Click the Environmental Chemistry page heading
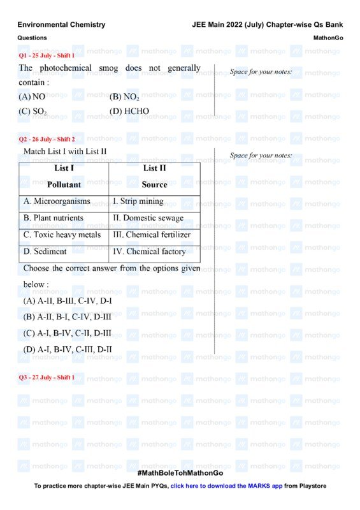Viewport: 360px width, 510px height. (61, 25)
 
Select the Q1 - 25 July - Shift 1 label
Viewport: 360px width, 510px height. (47, 55)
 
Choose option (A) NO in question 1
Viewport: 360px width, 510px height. (32, 97)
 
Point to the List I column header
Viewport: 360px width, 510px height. (64, 168)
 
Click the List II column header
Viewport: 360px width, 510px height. (154, 168)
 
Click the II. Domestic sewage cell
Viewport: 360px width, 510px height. (148, 218)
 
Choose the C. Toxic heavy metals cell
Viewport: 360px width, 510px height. (62, 235)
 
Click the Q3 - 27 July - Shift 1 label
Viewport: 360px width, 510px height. (47, 377)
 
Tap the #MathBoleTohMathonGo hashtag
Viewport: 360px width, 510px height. (180, 473)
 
